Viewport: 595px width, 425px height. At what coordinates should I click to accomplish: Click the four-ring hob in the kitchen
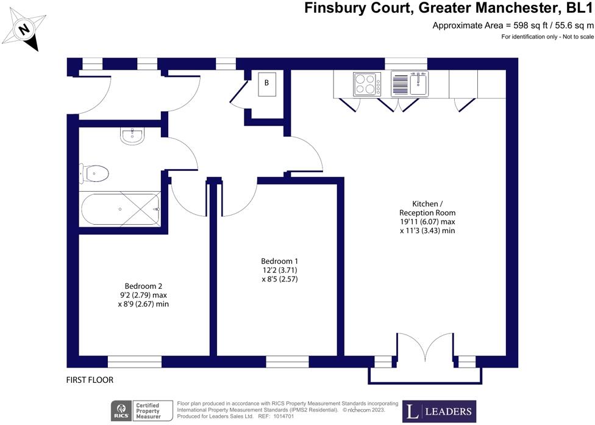[366, 84]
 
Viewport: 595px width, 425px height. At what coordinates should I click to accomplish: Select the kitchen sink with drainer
[410, 84]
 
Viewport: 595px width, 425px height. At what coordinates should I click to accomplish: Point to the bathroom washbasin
[132, 136]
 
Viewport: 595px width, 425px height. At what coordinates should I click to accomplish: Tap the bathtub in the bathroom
[120, 209]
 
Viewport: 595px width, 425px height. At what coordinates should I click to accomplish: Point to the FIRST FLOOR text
[90, 380]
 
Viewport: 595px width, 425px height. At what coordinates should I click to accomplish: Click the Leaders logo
[441, 412]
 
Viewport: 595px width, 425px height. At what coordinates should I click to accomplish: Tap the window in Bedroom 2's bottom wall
[135, 362]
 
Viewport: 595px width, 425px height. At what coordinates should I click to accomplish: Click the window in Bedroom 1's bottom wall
[287, 362]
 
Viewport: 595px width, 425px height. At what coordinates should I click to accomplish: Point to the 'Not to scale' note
[547, 38]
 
